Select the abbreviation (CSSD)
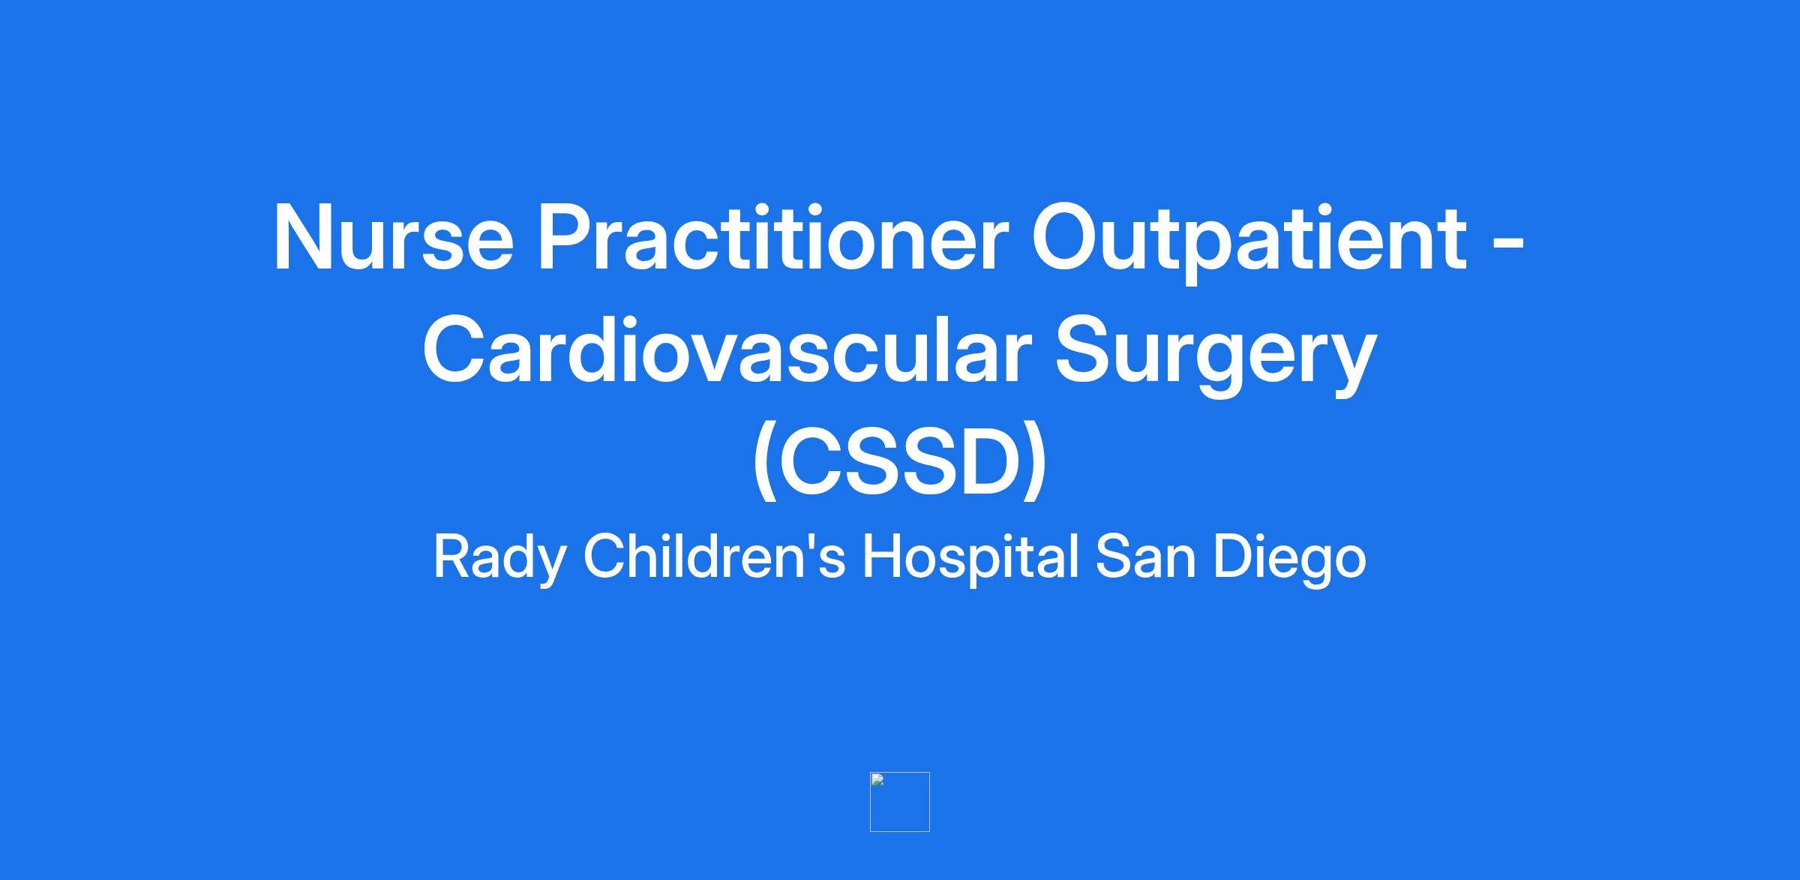coord(900,463)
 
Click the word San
coord(1145,557)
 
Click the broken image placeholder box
coord(900,802)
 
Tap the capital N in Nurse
coord(303,238)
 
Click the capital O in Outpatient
coord(1067,237)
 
